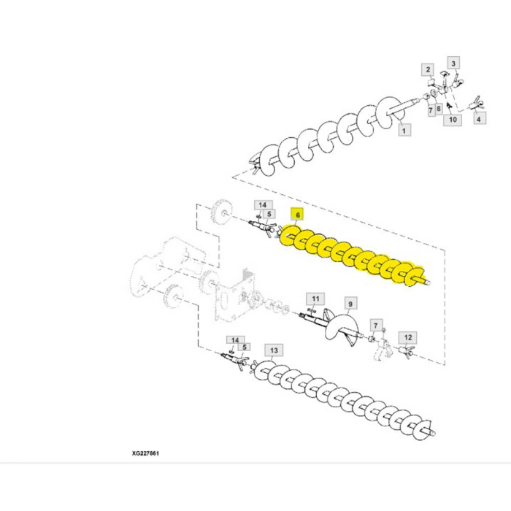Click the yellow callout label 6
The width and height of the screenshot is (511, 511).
(297, 215)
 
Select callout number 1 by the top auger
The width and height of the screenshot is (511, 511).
(404, 130)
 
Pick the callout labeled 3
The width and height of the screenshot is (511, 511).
(453, 64)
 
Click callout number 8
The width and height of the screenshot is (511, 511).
(438, 109)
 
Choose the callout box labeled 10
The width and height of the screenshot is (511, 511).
(453, 119)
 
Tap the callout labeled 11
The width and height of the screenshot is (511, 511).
(315, 299)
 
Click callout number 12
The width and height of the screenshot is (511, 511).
(408, 337)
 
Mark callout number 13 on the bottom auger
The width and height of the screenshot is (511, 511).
(273, 350)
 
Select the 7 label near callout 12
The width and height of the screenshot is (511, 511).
(375, 324)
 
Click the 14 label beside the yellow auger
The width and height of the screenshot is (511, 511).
(262, 205)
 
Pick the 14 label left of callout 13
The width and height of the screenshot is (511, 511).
(234, 340)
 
